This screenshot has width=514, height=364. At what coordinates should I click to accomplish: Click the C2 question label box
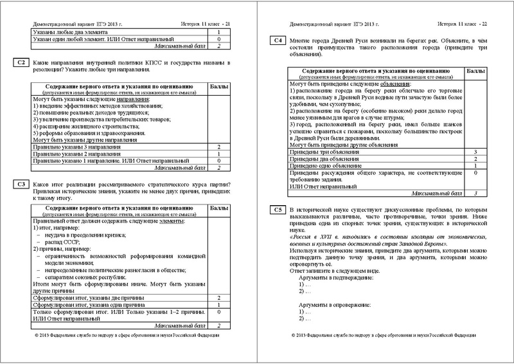[20, 62]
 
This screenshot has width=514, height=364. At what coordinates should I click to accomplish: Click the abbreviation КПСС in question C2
[166, 62]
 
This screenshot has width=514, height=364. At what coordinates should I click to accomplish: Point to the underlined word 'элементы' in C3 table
[167, 221]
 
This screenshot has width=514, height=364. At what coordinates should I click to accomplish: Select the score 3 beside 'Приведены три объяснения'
[474, 151]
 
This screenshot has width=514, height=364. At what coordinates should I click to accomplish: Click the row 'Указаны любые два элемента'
[72, 32]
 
